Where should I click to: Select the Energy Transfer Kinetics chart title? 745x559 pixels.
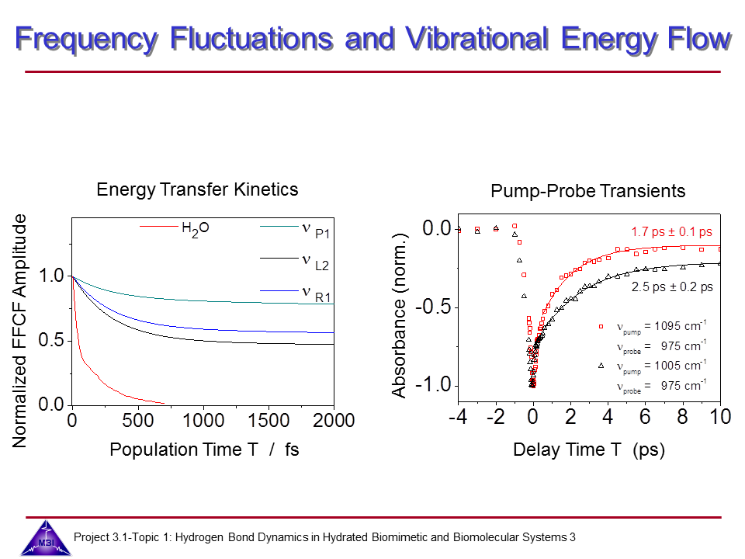pos(197,189)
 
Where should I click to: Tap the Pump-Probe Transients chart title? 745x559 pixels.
pos(588,191)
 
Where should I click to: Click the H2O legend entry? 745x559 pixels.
pos(195,228)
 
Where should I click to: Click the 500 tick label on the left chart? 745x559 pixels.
pos(137,421)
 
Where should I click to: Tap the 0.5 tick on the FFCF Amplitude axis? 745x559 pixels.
pos(50,340)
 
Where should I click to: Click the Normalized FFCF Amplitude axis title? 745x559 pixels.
pos(21,332)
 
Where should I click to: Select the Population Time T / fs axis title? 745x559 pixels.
pos(204,450)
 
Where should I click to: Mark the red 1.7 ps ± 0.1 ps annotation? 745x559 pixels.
pos(671,231)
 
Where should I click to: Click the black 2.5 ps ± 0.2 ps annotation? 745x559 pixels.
pos(672,287)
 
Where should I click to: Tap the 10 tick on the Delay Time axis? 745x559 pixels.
pos(721,417)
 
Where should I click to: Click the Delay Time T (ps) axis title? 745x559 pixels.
pos(589,450)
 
